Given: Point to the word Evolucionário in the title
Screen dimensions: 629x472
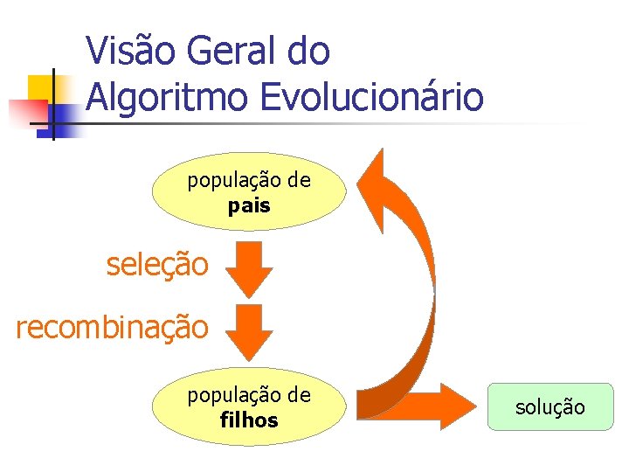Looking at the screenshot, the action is point(372,96).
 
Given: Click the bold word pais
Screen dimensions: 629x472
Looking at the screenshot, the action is point(249,207).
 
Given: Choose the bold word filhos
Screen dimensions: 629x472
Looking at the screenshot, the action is point(249,420).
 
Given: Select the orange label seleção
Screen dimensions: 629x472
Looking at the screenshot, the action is point(157,263).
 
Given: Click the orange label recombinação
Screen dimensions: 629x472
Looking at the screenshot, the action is point(112,327).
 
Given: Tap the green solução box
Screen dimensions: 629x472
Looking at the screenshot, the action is point(550,407).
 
